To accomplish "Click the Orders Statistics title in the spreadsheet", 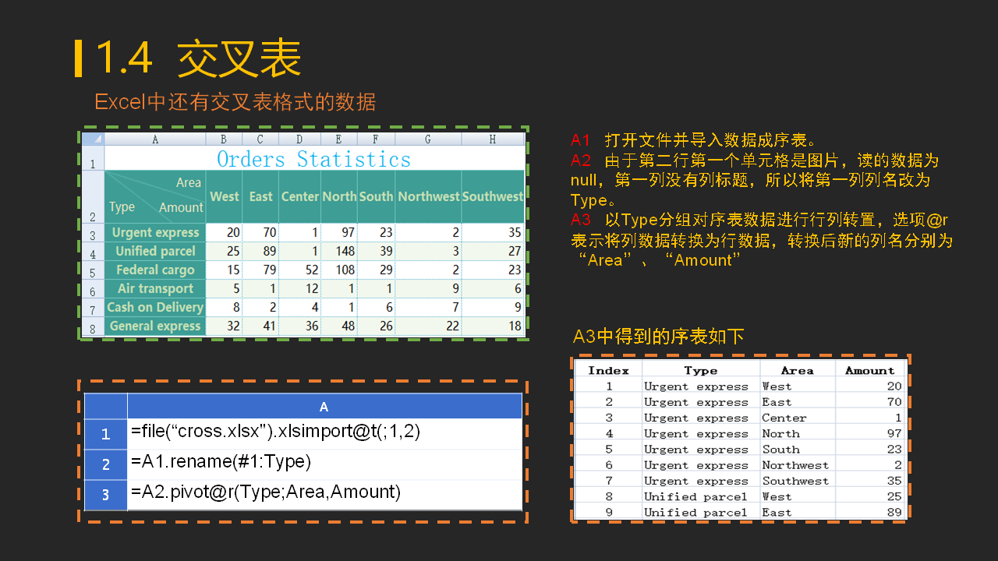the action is coord(313,159).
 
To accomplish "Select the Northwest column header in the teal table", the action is coord(428,196).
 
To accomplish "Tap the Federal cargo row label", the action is coord(155,270).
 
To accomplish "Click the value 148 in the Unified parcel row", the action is coord(345,251).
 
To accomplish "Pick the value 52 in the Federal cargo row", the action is coord(311,270).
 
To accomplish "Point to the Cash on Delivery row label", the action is coord(155,307).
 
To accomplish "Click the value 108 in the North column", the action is coord(345,270).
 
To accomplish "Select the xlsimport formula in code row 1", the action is coord(275,432).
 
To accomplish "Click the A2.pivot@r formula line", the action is coord(266,492).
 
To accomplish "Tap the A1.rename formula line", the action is coord(221,462).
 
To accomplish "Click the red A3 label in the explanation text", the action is coord(581,220).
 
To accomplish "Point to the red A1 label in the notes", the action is coord(580,140).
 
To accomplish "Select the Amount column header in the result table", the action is coord(869,370).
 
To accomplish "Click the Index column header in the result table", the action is coord(608,370).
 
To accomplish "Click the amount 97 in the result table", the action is coord(894,434).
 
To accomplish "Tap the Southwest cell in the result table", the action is coord(795,481).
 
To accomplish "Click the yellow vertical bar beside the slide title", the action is coord(79,58).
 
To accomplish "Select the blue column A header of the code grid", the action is coord(324,406).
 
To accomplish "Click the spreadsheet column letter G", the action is coord(428,139).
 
